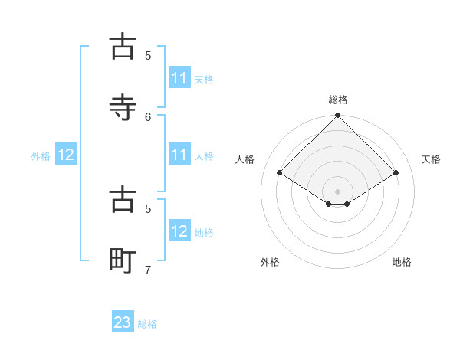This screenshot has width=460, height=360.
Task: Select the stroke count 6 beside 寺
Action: pos(148,116)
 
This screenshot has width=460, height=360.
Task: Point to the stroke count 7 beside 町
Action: pos(148,270)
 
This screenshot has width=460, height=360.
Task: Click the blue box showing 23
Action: pos(123,322)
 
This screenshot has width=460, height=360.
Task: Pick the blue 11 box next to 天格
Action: pos(179,78)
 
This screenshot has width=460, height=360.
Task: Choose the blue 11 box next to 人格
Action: pos(179,155)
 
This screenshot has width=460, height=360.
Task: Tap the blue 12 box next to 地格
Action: pos(179,231)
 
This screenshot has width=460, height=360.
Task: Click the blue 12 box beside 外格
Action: pos(66,155)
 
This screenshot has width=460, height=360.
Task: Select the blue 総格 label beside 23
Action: pos(147,324)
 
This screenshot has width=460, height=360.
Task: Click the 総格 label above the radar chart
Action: pos(338,100)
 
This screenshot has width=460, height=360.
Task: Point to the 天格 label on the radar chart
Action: pos(431,159)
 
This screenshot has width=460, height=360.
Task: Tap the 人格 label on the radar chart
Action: pos(245,159)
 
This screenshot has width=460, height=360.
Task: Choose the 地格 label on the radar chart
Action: pos(402,262)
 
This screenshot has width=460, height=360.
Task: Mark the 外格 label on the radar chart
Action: pos(270,262)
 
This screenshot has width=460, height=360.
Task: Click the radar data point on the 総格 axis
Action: pos(337,116)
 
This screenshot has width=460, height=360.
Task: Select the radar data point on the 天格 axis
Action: pos(396,173)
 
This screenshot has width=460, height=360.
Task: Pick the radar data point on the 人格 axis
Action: pos(280,173)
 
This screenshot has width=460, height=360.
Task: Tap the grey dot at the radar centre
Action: pos(337,191)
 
